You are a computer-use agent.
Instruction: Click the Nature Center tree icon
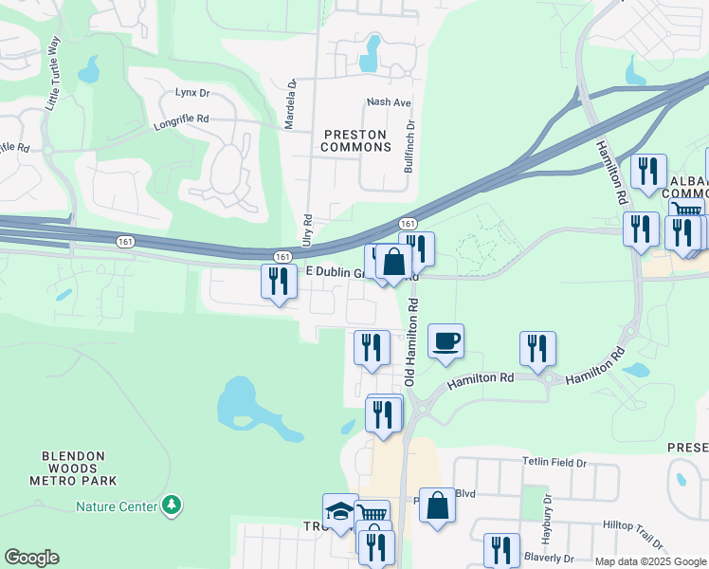172,505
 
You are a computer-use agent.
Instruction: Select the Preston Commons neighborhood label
355,140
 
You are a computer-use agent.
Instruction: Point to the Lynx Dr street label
191,93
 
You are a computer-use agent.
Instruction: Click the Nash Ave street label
389,102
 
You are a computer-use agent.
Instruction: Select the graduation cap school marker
340,510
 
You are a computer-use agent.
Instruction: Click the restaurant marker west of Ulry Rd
279,281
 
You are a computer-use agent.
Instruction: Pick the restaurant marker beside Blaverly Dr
500,550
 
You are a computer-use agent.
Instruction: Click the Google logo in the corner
31,558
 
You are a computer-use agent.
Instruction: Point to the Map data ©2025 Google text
649,561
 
